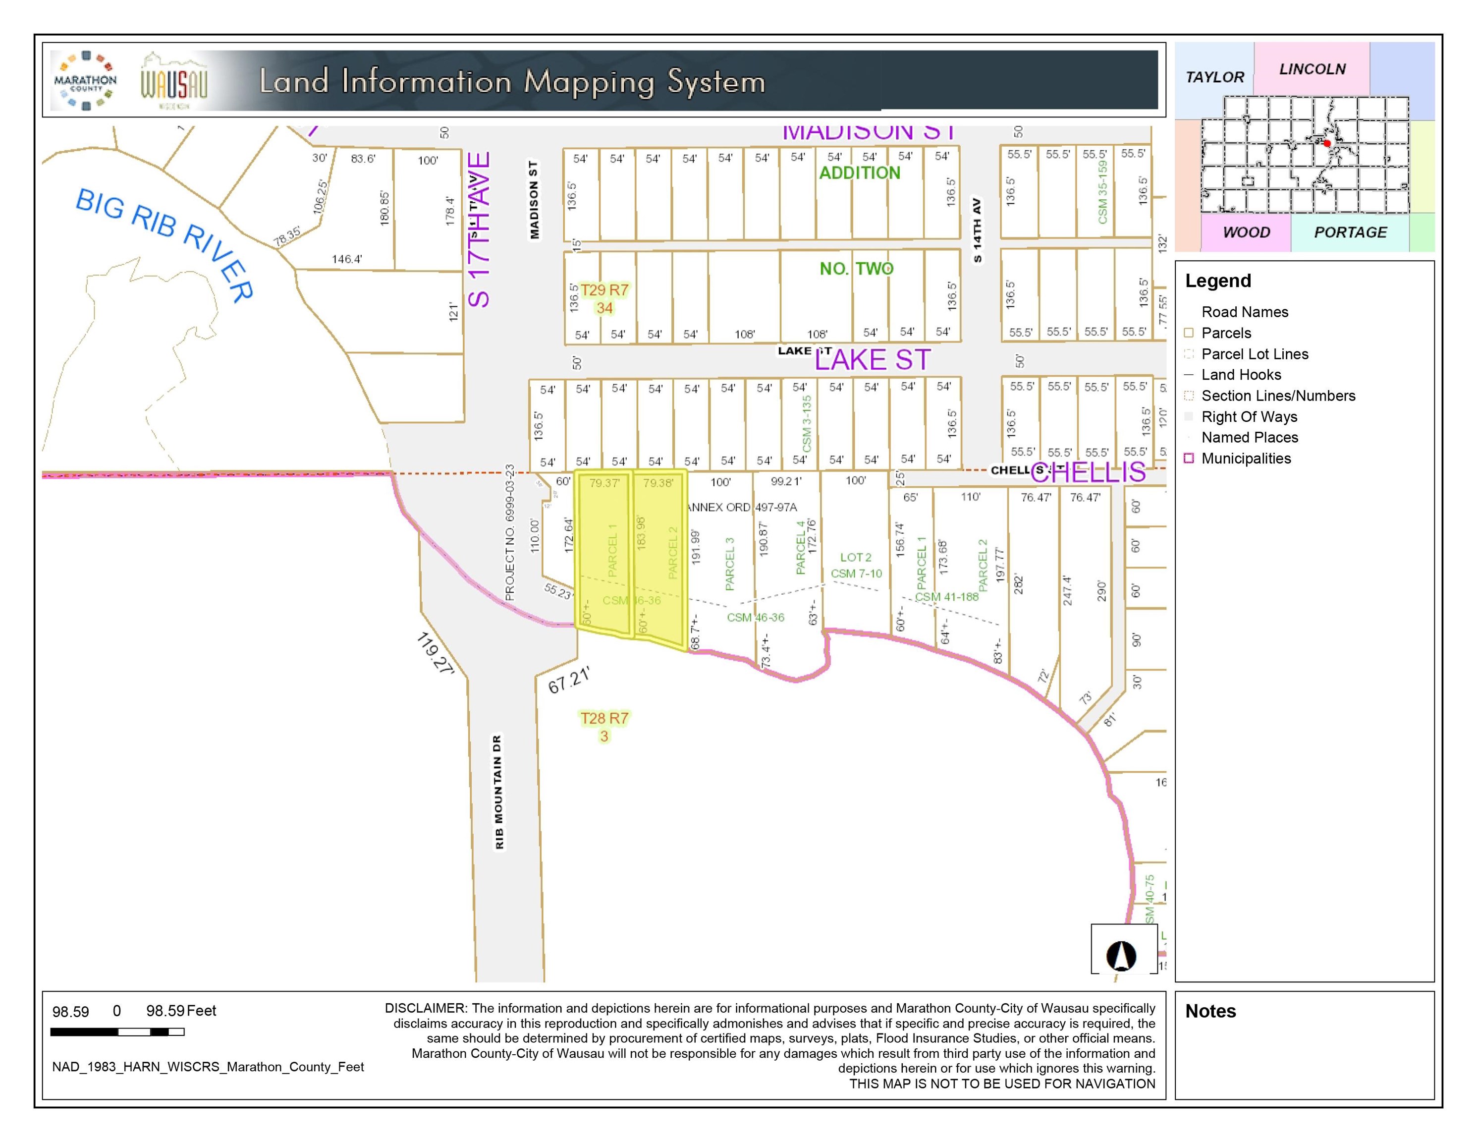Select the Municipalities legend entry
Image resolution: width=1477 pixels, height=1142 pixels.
click(x=1246, y=458)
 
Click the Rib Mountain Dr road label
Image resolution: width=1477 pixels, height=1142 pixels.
click(x=499, y=792)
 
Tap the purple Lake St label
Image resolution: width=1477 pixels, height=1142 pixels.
click(x=873, y=360)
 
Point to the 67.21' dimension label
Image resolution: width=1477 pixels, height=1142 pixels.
click(x=569, y=679)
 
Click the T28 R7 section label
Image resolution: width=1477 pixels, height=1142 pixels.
click(x=604, y=719)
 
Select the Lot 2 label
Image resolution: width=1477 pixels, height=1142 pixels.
click(x=856, y=558)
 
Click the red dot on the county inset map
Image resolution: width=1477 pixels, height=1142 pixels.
click(x=1327, y=143)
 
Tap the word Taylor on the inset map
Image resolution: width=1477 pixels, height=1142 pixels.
click(x=1214, y=77)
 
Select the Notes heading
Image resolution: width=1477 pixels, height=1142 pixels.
click(x=1210, y=1012)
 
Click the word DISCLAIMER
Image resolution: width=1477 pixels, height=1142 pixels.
click(x=426, y=1008)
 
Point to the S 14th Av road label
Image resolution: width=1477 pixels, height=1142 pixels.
click(x=977, y=230)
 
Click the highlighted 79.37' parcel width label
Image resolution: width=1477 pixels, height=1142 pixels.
click(x=604, y=483)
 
